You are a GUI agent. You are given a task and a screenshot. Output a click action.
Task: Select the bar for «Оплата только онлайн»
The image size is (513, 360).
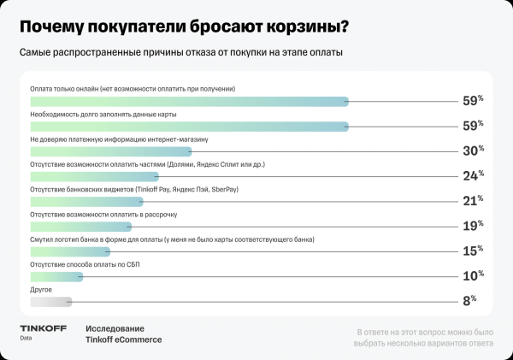pos(188,102)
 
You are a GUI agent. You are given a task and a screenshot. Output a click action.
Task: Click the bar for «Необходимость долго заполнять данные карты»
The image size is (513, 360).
pos(188,127)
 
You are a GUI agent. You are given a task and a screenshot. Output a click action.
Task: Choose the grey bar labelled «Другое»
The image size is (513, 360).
pos(50,301)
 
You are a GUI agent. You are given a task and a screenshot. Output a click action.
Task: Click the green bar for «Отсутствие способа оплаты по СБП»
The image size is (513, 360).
pos(56,276)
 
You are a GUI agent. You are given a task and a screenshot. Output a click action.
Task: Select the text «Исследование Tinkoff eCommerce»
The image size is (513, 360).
pos(123,333)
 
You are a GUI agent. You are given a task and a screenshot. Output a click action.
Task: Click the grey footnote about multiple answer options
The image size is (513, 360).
pos(424,338)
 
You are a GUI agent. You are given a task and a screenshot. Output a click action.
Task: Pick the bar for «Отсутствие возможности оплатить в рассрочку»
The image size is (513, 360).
pos(81,227)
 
